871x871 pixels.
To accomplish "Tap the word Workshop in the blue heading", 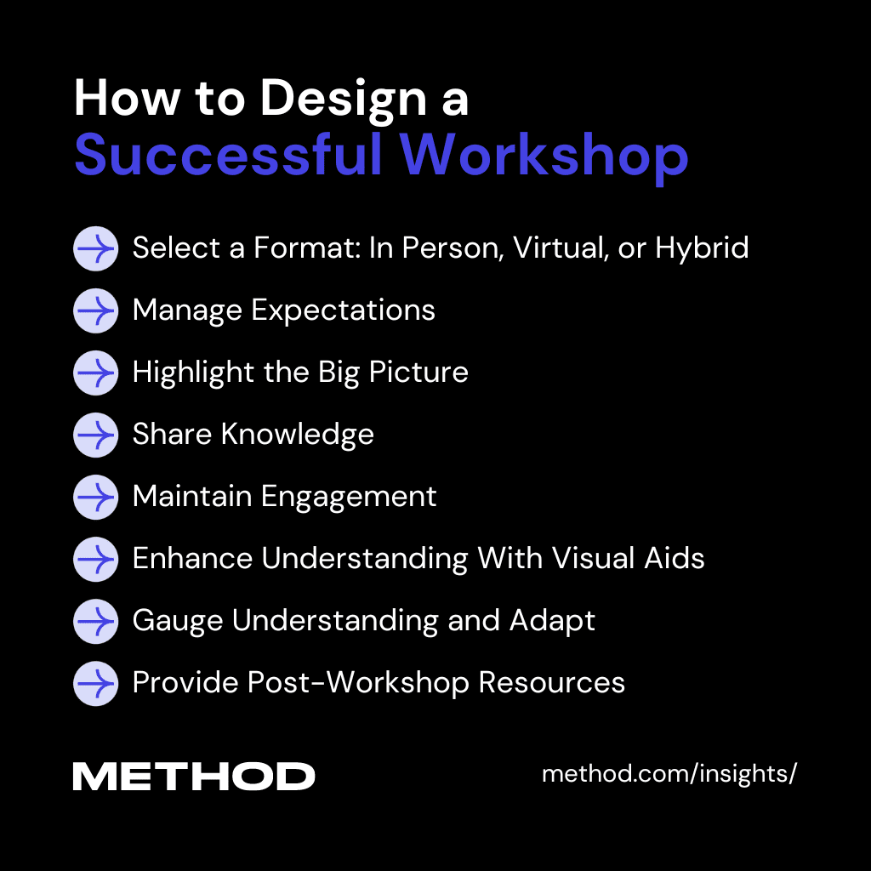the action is [x=544, y=157].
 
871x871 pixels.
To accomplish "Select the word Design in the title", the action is [x=344, y=99].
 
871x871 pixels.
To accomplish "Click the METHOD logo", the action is [x=194, y=776].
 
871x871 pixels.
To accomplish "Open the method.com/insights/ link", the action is [x=669, y=774].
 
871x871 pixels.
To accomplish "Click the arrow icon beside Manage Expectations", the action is [x=95, y=310].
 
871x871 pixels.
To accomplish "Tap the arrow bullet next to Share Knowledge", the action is [x=95, y=435].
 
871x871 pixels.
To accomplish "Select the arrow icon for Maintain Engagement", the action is [x=95, y=497].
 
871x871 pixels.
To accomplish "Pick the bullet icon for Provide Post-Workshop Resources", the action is [x=95, y=683].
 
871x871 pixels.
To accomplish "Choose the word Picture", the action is [x=418, y=373].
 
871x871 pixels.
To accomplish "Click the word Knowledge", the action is [x=298, y=435].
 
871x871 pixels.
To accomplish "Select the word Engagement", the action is [x=349, y=497].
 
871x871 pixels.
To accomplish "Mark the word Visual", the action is [x=593, y=558].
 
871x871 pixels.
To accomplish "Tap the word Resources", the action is [x=551, y=683].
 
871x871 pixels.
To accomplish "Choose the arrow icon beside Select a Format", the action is [x=95, y=248].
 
